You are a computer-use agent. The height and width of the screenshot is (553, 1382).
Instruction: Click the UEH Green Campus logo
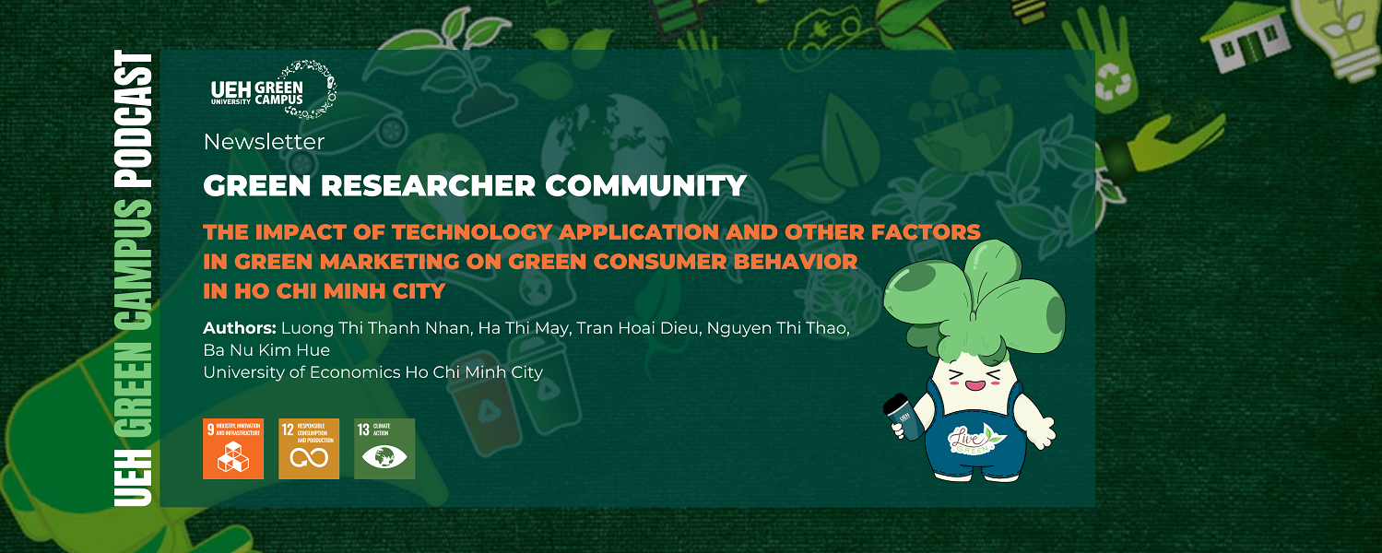point(273,89)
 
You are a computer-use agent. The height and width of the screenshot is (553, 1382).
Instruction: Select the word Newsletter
point(264,142)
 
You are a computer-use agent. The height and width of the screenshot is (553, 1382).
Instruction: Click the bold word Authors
point(239,329)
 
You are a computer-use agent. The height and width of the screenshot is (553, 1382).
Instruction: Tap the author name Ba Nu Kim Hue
point(266,350)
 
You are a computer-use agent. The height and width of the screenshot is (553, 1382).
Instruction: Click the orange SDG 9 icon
point(233,449)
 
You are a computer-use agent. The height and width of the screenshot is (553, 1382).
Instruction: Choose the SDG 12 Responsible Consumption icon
point(309,449)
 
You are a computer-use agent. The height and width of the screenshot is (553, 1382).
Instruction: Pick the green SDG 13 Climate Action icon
point(384,449)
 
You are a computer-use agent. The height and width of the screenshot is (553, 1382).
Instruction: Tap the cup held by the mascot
point(903,418)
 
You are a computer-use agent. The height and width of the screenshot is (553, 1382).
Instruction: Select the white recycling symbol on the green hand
point(1112,86)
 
